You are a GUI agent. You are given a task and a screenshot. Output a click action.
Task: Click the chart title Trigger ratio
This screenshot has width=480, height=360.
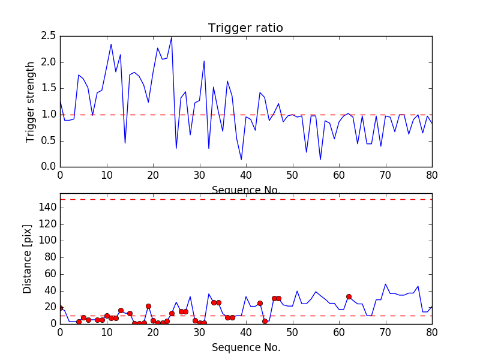[245, 28]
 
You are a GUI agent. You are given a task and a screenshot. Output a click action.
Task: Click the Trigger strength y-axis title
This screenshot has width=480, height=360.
[31, 101]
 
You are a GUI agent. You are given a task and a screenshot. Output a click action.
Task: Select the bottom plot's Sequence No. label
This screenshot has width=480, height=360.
[245, 347]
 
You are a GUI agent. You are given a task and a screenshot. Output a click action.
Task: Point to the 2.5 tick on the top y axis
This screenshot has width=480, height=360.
[48, 36]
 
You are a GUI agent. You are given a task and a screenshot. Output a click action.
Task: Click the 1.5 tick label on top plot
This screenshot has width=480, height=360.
[48, 88]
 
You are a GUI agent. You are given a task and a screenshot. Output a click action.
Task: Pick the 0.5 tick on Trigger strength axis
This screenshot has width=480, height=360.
[48, 140]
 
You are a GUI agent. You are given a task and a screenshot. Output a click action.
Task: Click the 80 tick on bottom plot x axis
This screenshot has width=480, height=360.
[431, 332]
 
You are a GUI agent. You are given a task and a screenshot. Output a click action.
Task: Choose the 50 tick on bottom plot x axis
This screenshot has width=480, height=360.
[292, 332]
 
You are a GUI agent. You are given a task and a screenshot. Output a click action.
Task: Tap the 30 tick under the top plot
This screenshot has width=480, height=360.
[199, 175]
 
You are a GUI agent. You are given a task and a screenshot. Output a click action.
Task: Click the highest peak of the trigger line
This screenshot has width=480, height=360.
[172, 37]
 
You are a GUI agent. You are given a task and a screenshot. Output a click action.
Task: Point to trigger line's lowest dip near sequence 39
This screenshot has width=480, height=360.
[241, 160]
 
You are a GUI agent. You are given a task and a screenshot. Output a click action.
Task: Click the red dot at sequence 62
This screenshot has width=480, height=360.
[349, 296]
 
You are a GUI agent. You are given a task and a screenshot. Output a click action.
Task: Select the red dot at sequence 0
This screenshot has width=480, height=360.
[60, 308]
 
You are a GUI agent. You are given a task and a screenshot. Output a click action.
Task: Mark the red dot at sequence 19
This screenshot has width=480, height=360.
[148, 306]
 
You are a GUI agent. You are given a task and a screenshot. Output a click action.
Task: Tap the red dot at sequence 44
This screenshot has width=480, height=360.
[265, 321]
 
